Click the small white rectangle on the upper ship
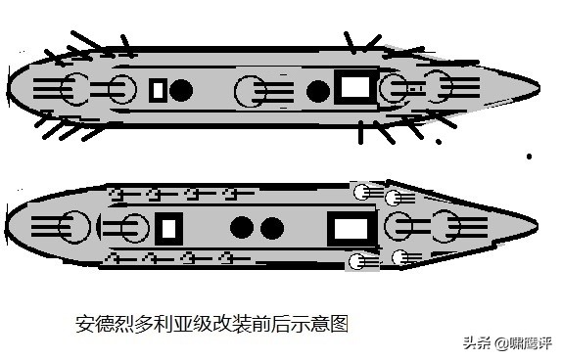click(x=158, y=90)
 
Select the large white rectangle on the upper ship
click(x=354, y=87)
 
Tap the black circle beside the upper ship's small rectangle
click(x=181, y=90)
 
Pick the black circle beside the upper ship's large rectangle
click(x=318, y=91)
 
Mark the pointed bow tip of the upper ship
click(x=539, y=88)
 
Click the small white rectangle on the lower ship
click(x=169, y=229)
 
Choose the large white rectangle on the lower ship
click(x=351, y=229)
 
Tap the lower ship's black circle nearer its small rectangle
click(x=242, y=228)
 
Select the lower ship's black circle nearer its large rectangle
click(x=272, y=228)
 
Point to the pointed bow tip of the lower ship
click(x=538, y=225)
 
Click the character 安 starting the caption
click(x=83, y=324)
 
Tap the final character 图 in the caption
click(x=340, y=324)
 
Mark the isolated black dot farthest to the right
click(x=529, y=157)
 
